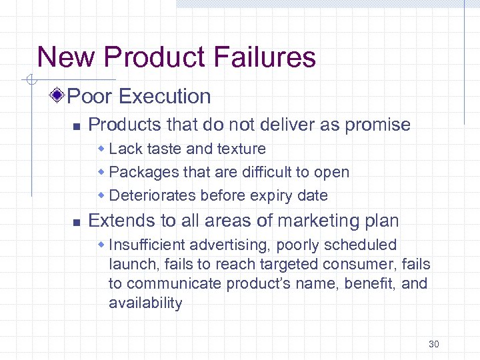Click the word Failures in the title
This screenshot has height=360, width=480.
coord(269,57)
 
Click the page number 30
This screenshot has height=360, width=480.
coord(434,344)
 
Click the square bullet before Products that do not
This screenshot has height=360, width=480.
coord(76,125)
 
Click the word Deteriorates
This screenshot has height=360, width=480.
coord(151,195)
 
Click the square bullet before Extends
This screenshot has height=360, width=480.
coord(76,221)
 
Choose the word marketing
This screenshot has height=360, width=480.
coord(293,221)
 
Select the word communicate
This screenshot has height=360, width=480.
coord(175,284)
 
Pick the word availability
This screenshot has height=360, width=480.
coord(145,303)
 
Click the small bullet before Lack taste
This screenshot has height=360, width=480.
coord(103,149)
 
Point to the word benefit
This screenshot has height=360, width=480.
coord(367,284)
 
